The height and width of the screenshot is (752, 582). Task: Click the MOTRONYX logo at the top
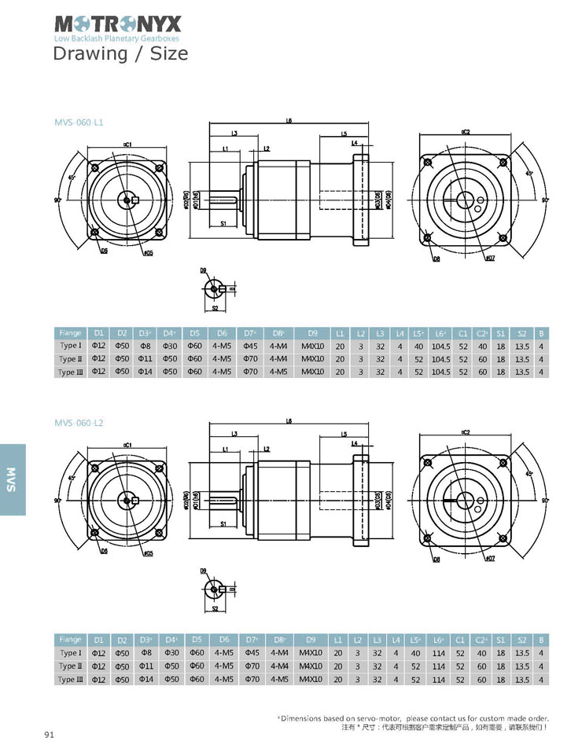click(116, 24)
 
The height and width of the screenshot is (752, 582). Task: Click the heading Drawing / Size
click(120, 53)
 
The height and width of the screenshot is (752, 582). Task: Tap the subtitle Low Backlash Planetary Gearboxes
click(116, 39)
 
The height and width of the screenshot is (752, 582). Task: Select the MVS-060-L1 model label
click(79, 123)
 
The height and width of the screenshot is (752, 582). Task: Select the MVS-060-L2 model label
click(79, 423)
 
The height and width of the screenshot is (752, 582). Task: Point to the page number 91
click(49, 735)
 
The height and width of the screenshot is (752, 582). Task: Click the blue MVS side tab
click(12, 479)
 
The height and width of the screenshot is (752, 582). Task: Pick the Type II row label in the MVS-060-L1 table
click(69, 359)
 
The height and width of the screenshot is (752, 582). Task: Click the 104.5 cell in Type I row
click(441, 346)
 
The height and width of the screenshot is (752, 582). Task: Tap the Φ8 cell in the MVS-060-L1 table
click(145, 346)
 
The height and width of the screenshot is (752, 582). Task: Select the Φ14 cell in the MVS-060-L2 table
click(145, 679)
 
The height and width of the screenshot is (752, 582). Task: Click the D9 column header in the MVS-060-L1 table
click(312, 332)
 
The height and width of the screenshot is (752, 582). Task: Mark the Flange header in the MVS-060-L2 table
click(70, 640)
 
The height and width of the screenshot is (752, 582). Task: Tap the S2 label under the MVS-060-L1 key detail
click(214, 309)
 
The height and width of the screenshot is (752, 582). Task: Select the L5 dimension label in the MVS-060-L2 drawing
click(344, 434)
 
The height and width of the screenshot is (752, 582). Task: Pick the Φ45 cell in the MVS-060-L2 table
click(251, 653)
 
